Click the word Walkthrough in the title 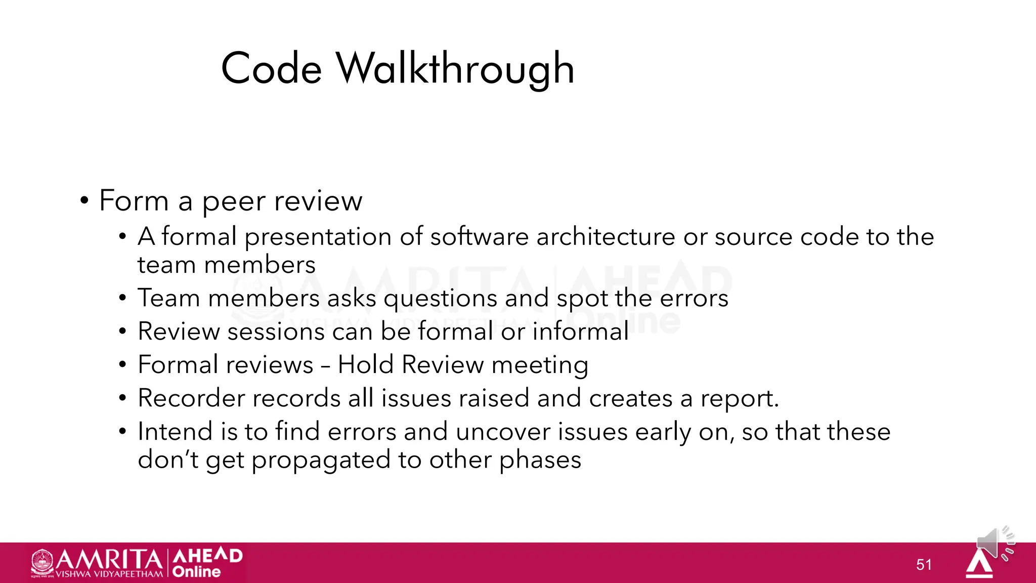(455, 69)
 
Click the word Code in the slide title (272, 69)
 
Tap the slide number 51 (924, 564)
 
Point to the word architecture (606, 237)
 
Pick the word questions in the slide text (440, 299)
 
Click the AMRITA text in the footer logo (109, 560)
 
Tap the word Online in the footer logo (197, 572)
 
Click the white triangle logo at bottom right (979, 565)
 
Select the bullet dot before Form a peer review (84, 201)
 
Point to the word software (479, 237)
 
